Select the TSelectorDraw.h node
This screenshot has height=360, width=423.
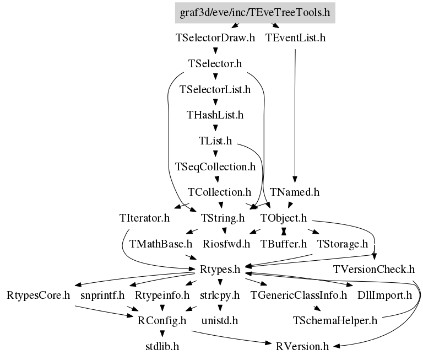coord(215,39)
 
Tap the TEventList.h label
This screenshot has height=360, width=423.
coord(295,39)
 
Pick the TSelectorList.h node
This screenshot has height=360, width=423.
coord(215,89)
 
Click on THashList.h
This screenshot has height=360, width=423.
coord(215,115)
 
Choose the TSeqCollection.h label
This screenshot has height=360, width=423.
coord(215,166)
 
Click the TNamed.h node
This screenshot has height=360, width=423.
coord(295,192)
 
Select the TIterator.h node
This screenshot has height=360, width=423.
coord(144,218)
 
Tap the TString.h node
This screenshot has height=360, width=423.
coord(223,218)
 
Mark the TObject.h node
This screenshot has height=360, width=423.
coord(283,218)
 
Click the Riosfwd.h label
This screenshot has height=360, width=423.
coord(226,244)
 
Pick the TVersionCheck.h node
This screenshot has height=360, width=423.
coord(373,270)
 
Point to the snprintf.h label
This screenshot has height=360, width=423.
coord(102,295)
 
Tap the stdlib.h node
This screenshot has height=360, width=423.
coord(162,346)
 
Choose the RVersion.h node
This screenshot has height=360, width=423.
coord(302,346)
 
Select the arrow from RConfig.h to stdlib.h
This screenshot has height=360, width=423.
coord(162,333)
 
